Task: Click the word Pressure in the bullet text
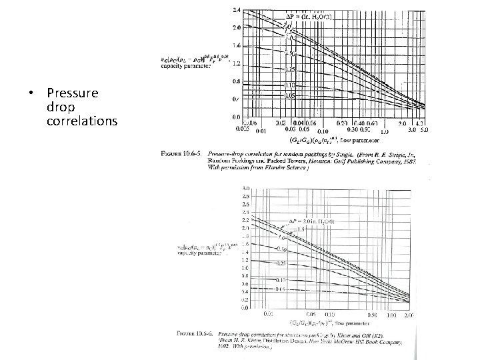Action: [73, 93]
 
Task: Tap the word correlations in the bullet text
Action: [82, 121]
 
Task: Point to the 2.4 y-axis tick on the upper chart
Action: [237, 10]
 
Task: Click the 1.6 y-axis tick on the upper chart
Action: [237, 46]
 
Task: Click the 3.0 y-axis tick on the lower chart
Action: [244, 190]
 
